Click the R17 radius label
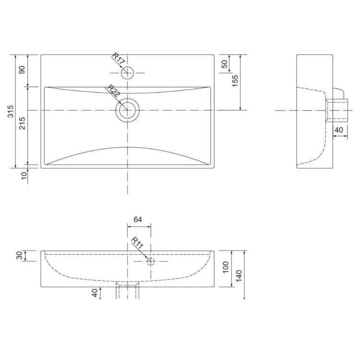pos(119,58)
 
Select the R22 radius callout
pos(113,91)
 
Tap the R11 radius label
pos(137,243)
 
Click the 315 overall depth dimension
pos(11,111)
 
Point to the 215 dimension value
pos(22,123)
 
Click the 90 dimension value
pos(22,70)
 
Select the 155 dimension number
pos(235,81)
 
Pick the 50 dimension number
pos(225,64)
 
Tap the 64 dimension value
pos(138,219)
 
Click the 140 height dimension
pos(239,276)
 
